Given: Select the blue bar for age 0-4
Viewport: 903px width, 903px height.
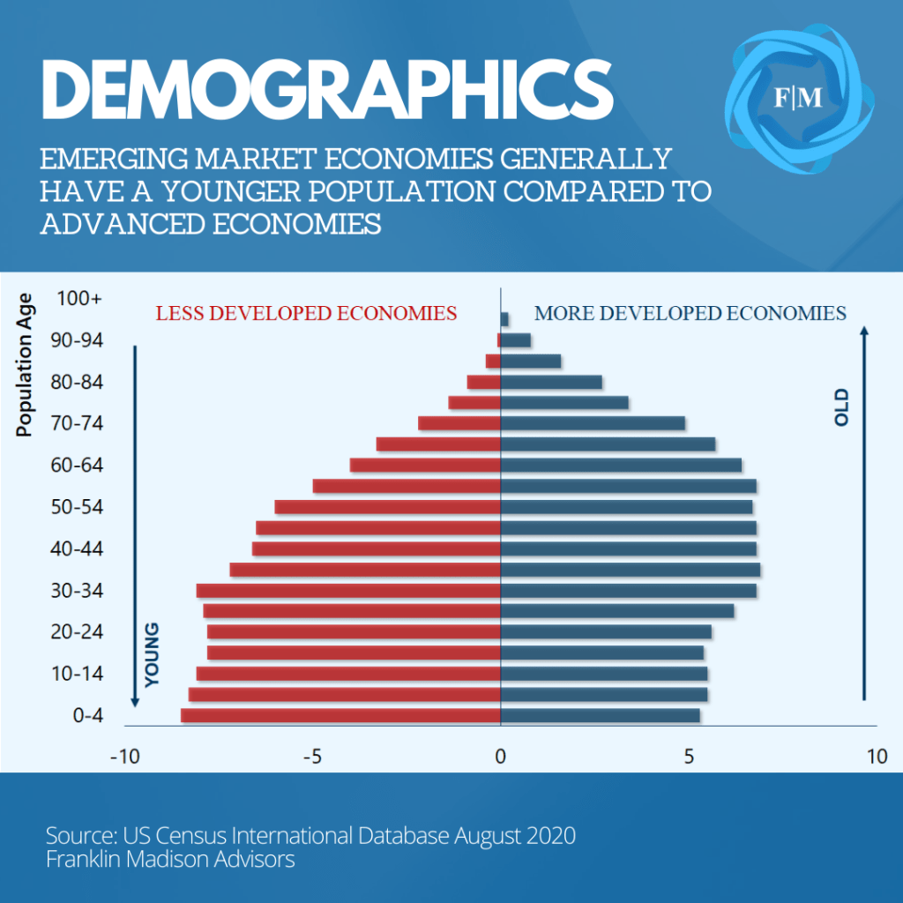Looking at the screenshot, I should tap(600, 715).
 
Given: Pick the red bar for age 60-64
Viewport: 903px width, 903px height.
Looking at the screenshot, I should tap(425, 465).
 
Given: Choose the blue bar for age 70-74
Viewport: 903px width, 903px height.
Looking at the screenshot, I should tap(593, 423).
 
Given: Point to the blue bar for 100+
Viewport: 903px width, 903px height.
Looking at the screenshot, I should tap(504, 319).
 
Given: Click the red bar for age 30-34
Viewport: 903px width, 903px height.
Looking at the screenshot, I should tap(348, 590).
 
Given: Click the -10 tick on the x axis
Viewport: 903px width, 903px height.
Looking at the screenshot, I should tap(124, 757).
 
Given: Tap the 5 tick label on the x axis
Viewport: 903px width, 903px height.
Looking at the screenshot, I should tap(689, 757).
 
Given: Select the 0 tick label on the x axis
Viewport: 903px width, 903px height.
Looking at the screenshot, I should tap(500, 757).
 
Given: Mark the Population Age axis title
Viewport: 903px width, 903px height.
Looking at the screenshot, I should tap(25, 365).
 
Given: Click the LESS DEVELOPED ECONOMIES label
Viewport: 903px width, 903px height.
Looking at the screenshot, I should tap(306, 313).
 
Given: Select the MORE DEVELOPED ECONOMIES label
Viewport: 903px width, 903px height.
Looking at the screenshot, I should tap(690, 313).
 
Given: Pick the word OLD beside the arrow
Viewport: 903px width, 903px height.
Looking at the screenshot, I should tap(841, 407).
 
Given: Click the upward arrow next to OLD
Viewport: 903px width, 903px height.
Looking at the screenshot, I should tap(865, 511).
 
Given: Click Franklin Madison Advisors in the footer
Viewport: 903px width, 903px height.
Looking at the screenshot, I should tap(170, 859).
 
